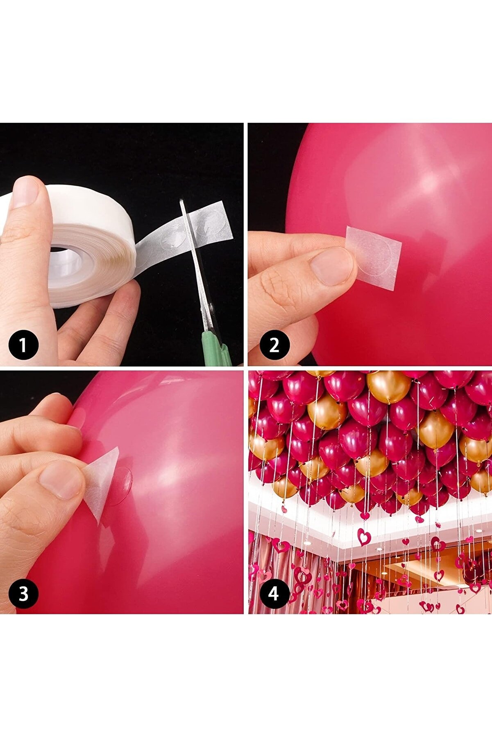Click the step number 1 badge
[x=24, y=345]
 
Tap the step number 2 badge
[x=274, y=345]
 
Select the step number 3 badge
[x=24, y=593]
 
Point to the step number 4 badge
[x=274, y=593]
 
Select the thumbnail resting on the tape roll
[x=25, y=192]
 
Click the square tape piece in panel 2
[x=373, y=257]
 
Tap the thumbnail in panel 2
[x=331, y=266]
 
